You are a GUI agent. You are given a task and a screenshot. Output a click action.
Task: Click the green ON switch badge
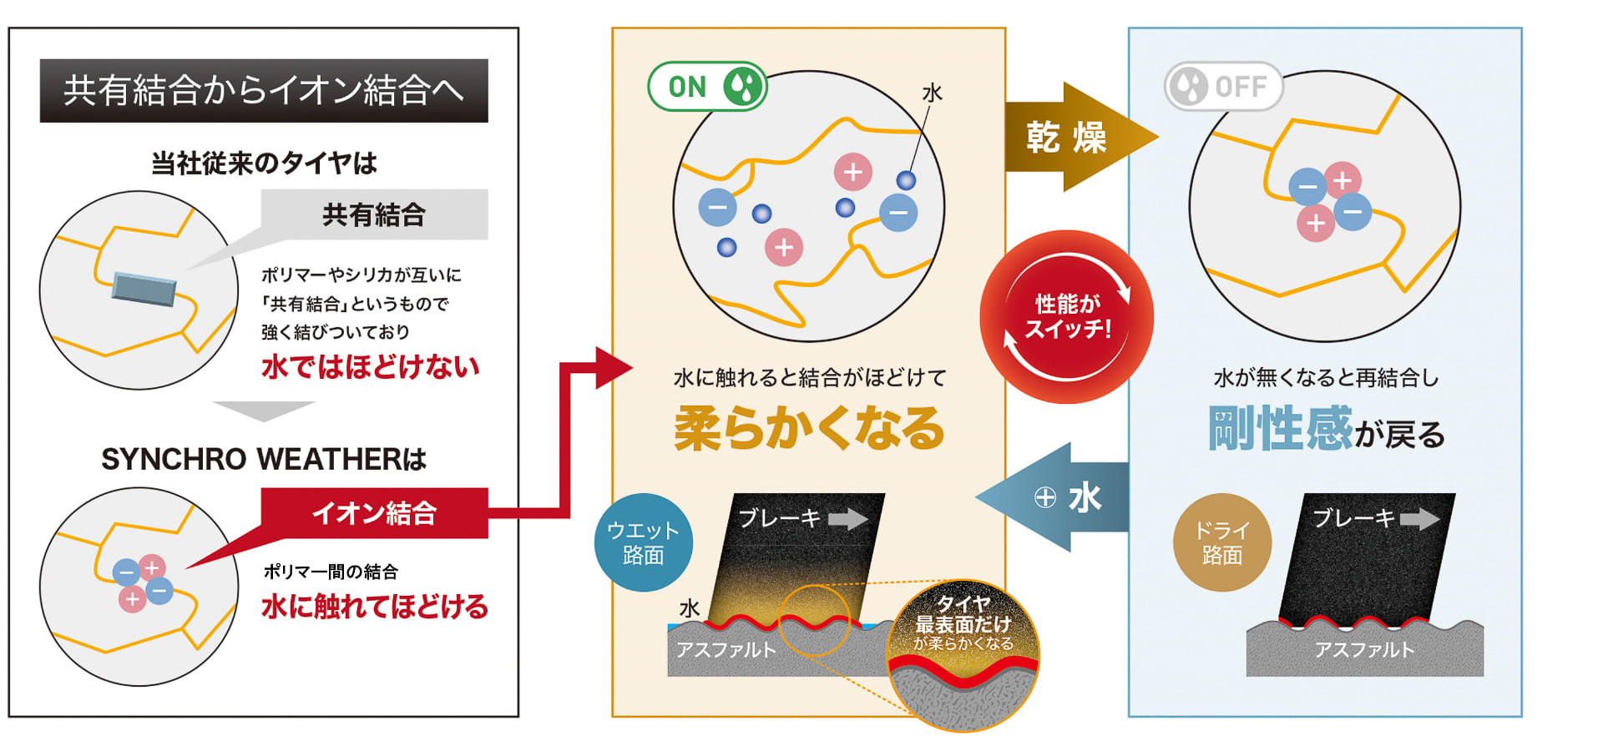point(707,86)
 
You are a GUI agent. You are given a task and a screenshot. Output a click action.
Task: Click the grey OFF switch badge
point(1223,86)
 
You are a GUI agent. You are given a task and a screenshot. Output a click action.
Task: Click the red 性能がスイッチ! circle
point(1066,317)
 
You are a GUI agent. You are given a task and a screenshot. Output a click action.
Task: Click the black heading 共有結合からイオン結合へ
point(264,90)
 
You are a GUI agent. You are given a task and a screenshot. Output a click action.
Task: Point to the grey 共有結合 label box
point(374,214)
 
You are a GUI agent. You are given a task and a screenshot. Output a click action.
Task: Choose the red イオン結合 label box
point(374,512)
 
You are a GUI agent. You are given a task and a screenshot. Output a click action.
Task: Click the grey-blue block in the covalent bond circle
point(144,289)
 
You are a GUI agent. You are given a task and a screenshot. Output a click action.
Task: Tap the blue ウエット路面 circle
point(643,542)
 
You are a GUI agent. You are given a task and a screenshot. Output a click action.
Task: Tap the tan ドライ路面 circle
point(1221,542)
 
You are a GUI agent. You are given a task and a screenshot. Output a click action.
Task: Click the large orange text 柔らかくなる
point(808,428)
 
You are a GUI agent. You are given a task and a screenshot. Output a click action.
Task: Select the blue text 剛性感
point(1279,428)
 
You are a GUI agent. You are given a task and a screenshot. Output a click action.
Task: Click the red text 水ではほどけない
point(370,366)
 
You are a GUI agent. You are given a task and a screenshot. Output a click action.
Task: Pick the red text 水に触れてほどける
point(374,606)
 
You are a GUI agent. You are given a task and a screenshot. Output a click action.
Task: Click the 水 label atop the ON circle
point(932,93)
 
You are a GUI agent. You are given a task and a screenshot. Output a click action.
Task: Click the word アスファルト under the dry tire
point(1364,650)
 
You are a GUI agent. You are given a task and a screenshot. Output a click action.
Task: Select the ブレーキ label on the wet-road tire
point(780,518)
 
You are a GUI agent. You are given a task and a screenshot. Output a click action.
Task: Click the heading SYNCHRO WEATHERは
point(264,459)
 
